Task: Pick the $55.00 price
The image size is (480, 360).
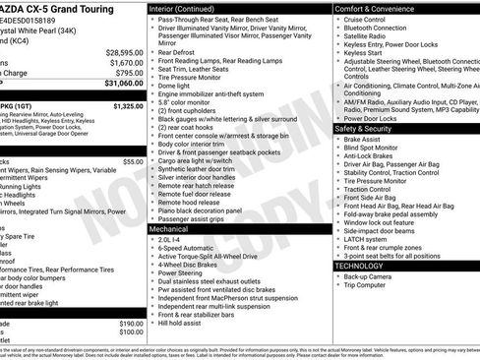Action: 133,160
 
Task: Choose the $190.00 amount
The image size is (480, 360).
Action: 131,323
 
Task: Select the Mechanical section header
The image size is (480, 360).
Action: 169,227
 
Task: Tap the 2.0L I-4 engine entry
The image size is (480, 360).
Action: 170,239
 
